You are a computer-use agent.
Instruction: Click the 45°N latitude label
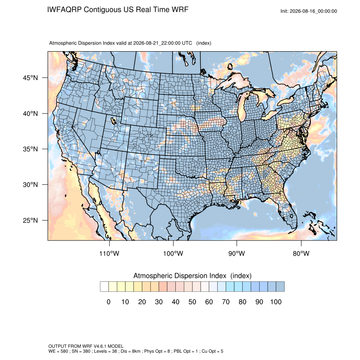pyautogui.click(x=30, y=78)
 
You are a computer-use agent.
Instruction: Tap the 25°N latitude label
pyautogui.click(x=30, y=220)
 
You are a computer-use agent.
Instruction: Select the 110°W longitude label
pyautogui.click(x=109, y=253)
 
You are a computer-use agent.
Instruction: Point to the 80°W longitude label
pyautogui.click(x=301, y=253)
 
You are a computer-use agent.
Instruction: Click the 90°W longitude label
pyautogui.click(x=236, y=253)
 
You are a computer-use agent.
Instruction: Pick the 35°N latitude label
pyautogui.click(x=30, y=149)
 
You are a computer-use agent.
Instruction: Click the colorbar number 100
pyautogui.click(x=276, y=302)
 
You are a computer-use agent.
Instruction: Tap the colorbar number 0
pyautogui.click(x=108, y=302)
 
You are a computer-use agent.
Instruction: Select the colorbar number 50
pyautogui.click(x=192, y=302)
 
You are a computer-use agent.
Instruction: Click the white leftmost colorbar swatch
pyautogui.click(x=104, y=287)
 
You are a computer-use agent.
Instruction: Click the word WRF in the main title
pyautogui.click(x=180, y=10)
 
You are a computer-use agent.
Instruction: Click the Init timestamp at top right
pyautogui.click(x=309, y=11)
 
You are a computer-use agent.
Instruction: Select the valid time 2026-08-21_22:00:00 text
pyautogui.click(x=157, y=43)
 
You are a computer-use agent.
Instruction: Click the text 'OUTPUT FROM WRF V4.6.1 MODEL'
pyautogui.click(x=86, y=346)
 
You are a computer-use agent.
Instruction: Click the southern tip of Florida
pyautogui.click(x=294, y=228)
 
